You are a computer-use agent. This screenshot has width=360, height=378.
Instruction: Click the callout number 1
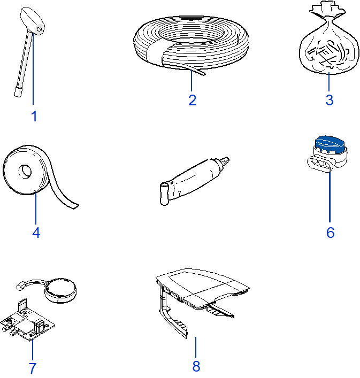(x=34, y=116)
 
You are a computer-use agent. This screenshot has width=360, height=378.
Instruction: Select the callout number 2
(x=193, y=100)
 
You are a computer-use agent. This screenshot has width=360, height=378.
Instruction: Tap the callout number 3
(x=330, y=100)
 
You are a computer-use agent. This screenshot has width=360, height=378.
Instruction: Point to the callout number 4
(x=36, y=233)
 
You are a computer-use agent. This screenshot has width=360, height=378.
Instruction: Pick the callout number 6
(x=331, y=233)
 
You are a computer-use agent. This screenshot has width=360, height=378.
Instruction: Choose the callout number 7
(x=32, y=368)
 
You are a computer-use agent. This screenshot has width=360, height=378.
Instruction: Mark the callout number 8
(x=196, y=366)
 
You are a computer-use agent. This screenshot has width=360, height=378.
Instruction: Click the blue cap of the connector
(x=330, y=145)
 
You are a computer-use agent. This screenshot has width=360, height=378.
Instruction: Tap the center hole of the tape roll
(x=25, y=172)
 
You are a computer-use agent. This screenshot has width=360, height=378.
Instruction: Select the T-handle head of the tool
(x=32, y=21)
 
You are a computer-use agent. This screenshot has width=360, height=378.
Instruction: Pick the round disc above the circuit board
(x=60, y=290)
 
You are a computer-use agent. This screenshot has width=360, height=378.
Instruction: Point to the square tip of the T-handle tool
(x=18, y=92)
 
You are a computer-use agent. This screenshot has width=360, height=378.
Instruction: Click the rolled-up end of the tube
(x=164, y=194)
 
